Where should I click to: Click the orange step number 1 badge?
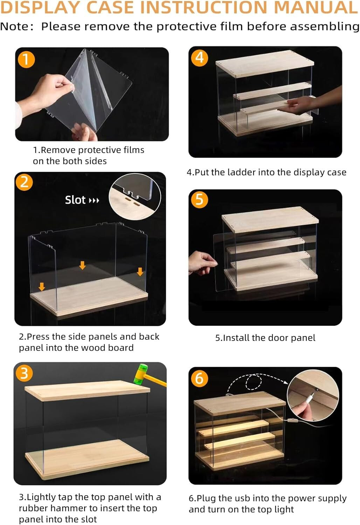pyautogui.click(x=26, y=59)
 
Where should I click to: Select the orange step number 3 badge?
pyautogui.click(x=25, y=373)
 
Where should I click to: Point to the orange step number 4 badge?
pyautogui.click(x=199, y=58)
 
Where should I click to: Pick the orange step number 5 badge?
pyautogui.click(x=199, y=200)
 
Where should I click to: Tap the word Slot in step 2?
pyautogui.click(x=75, y=200)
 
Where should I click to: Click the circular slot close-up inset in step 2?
pyautogui.click(x=134, y=197)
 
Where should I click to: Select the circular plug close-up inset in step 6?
pyautogui.click(x=313, y=395)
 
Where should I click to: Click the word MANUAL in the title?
pyautogui.click(x=316, y=7)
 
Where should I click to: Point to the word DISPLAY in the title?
pyautogui.click(x=41, y=7)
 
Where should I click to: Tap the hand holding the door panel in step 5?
pyautogui.click(x=202, y=262)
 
